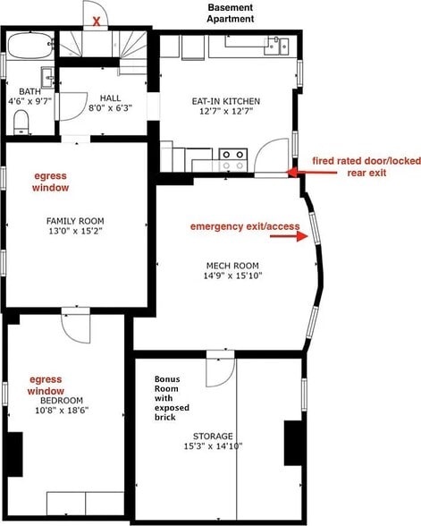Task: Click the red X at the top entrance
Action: click(97, 21)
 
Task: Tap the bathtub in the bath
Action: click(30, 46)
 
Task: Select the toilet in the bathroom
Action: click(21, 123)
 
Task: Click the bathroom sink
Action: click(47, 78)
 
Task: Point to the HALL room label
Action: click(110, 98)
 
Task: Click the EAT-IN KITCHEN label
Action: click(225, 101)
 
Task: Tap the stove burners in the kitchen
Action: click(233, 159)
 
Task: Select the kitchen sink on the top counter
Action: click(276, 46)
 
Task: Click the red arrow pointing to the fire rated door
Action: click(312, 173)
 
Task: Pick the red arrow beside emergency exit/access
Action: click(289, 236)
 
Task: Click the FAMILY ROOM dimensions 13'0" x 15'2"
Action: click(75, 231)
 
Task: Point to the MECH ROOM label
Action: click(232, 266)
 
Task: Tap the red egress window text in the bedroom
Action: click(46, 385)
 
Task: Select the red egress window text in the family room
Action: click(50, 182)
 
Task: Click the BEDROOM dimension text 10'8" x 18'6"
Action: click(62, 411)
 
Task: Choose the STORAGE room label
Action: click(213, 437)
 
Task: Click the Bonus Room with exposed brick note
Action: click(172, 398)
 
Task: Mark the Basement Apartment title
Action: click(231, 13)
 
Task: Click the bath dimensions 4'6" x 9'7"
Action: click(30, 101)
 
